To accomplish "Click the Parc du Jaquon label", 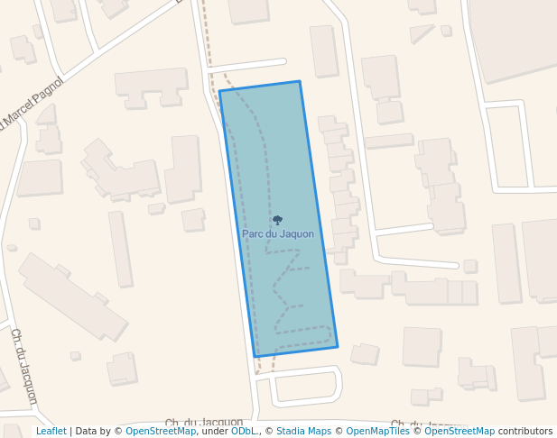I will point(278,234).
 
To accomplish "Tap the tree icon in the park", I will point(277,220).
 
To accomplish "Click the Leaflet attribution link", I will point(51,432).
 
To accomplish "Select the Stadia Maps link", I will point(303,432).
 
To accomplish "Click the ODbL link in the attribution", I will point(243,432).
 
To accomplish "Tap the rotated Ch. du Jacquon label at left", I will point(24,365).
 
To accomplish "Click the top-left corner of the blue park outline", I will point(220,91).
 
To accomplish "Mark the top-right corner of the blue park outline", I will point(299,82).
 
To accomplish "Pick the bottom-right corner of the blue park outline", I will point(337,346).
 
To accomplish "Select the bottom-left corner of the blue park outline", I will point(255,357).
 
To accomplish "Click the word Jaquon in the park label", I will point(296,234).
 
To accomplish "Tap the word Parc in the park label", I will point(252,234).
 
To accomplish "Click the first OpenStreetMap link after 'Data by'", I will point(161,432).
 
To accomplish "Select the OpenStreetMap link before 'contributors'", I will point(460,432).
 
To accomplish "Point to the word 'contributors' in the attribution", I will point(525,432).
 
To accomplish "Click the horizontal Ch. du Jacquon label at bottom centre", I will point(204,423).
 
